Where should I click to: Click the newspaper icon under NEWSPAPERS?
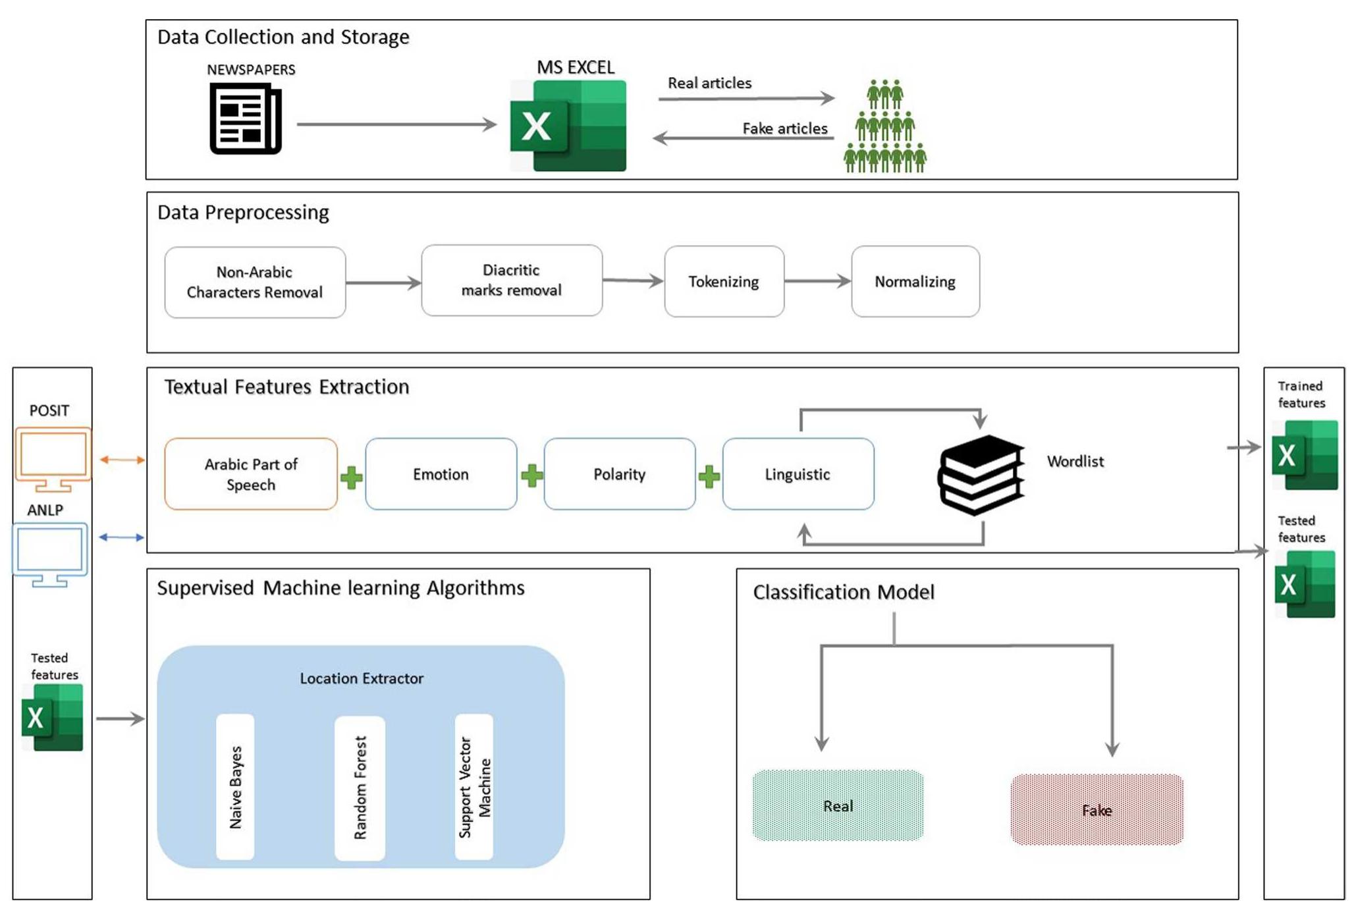tap(245, 119)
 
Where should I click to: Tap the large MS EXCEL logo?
tap(568, 126)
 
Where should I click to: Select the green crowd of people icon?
tap(884, 126)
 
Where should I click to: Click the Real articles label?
tap(709, 83)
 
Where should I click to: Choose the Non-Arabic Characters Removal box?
tap(255, 283)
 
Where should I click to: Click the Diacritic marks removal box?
tap(512, 281)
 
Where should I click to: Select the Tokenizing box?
tap(724, 282)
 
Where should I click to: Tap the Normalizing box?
tap(915, 282)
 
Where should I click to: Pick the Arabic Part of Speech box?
tap(251, 474)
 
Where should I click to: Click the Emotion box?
tap(441, 474)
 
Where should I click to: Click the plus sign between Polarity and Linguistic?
tap(709, 476)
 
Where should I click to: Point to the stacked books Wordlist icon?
tap(981, 474)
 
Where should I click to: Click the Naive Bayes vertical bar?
tap(235, 786)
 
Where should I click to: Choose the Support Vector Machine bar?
tap(474, 786)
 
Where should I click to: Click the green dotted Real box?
tap(838, 805)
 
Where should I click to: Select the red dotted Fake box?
tap(1097, 810)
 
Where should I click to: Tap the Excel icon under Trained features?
tap(1305, 455)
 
